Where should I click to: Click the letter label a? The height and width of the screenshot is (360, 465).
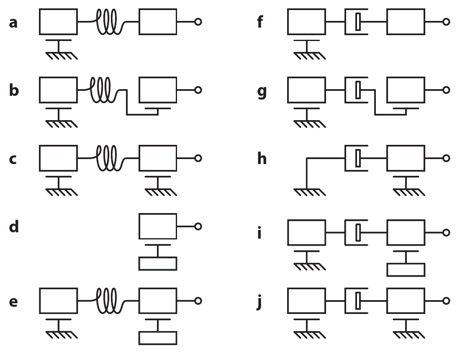tap(13, 22)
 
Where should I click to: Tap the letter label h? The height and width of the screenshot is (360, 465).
tap(262, 159)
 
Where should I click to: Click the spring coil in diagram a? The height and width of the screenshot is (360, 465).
tap(108, 22)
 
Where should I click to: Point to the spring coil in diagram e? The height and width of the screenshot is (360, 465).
tap(108, 301)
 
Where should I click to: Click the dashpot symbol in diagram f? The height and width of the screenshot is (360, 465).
tap(357, 22)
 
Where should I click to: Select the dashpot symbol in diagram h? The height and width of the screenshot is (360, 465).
tap(357, 159)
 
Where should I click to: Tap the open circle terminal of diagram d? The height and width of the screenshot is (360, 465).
tap(198, 226)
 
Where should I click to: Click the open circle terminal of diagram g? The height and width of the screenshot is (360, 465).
tap(446, 90)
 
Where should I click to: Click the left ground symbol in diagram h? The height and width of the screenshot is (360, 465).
tap(309, 192)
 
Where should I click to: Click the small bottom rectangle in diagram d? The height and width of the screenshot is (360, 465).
tap(157, 264)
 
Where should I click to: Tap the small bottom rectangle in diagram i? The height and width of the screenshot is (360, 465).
tap(406, 270)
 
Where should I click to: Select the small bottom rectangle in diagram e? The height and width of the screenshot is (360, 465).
tap(157, 338)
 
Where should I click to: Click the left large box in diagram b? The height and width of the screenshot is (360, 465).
tap(59, 90)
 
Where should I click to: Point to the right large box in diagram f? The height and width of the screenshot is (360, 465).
tap(406, 22)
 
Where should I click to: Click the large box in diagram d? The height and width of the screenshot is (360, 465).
tap(157, 226)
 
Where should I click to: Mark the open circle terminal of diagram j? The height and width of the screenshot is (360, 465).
tap(446, 301)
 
